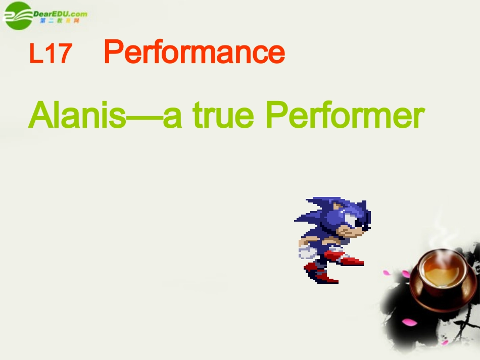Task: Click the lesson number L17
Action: (x=51, y=54)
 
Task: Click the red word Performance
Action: (x=195, y=52)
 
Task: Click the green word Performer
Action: (x=344, y=116)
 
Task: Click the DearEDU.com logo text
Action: (x=60, y=14)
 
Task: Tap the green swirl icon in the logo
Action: (x=19, y=16)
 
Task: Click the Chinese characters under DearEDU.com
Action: (x=60, y=22)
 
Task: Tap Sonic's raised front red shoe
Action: (x=351, y=261)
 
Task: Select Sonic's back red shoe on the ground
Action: (x=323, y=277)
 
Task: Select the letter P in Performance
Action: (x=114, y=52)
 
